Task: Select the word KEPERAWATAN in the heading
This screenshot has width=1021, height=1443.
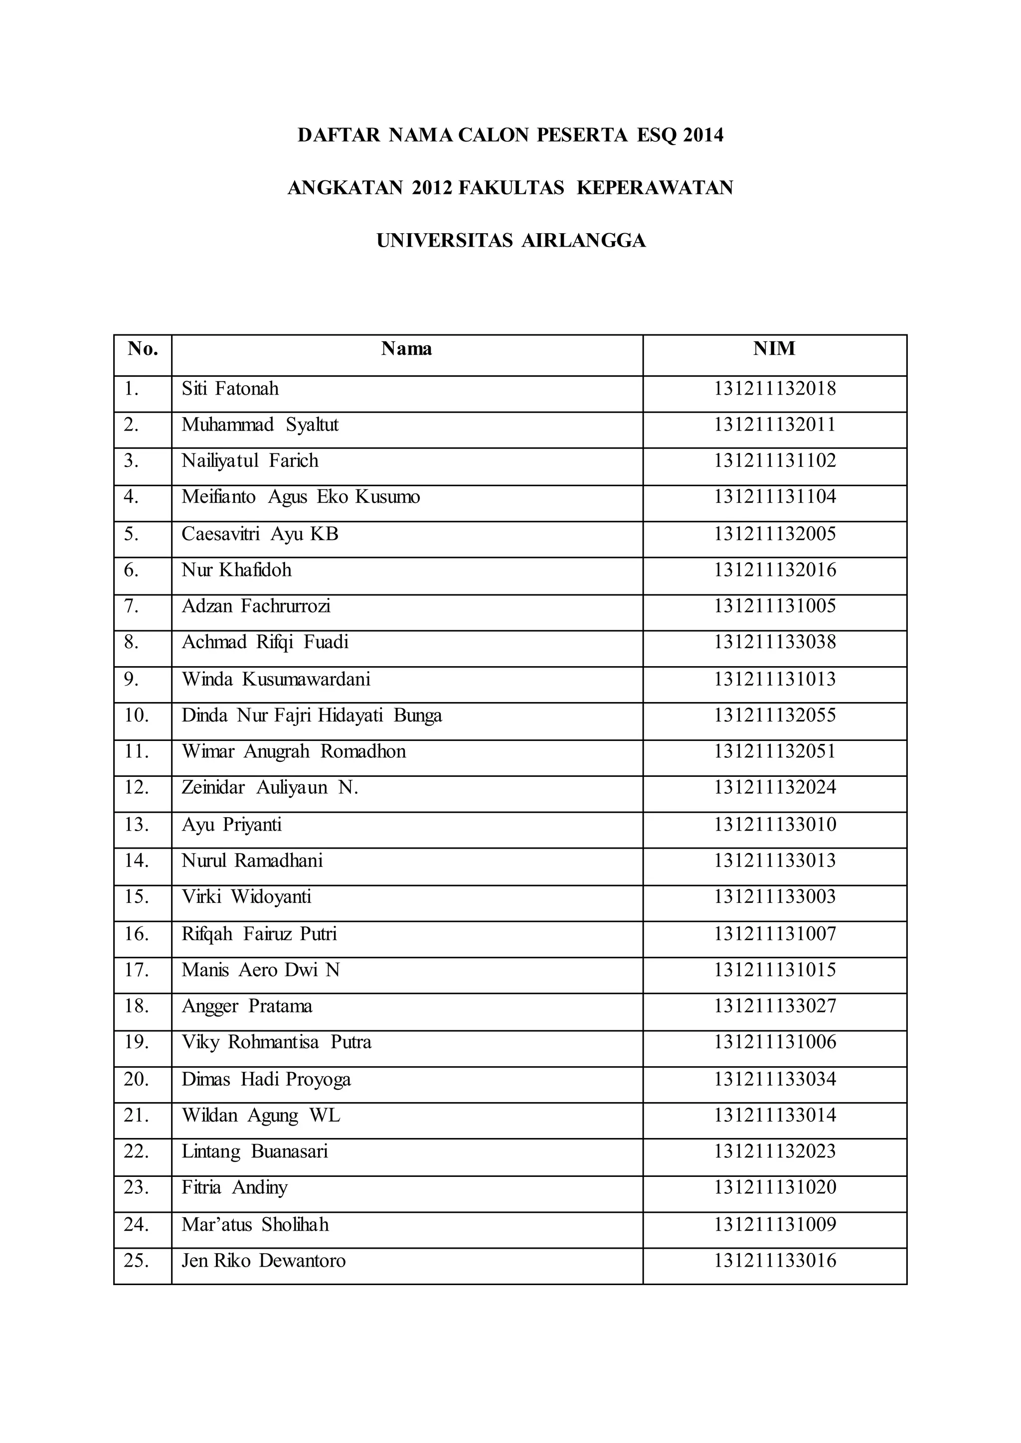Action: (655, 188)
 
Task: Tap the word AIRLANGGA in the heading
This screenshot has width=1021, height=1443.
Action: (583, 241)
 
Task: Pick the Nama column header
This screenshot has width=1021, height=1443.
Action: (406, 349)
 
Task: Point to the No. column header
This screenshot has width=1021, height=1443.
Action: (142, 349)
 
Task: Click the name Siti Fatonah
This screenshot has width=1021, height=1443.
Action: (230, 389)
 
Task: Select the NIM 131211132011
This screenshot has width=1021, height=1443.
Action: (775, 425)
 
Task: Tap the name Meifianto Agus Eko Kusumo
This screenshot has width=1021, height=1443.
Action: (301, 497)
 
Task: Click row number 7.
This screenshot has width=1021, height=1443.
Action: (131, 606)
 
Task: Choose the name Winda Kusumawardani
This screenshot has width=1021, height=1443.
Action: (276, 679)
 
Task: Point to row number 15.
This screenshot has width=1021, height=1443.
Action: (136, 897)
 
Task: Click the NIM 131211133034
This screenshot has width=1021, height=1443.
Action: (775, 1080)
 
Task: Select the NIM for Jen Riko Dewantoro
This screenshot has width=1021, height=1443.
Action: (775, 1261)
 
